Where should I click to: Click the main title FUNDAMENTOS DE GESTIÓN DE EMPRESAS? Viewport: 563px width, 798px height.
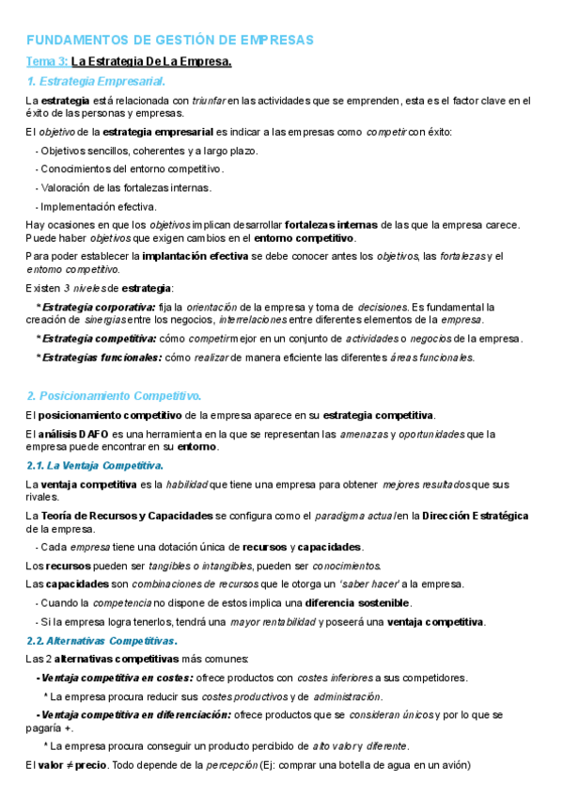pos(169,40)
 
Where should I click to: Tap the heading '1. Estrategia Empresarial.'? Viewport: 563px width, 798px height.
pos(96,82)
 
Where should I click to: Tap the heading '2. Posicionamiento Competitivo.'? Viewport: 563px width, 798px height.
pos(114,396)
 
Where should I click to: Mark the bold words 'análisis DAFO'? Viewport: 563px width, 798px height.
pos(72,434)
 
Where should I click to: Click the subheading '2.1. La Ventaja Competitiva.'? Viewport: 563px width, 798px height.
pos(95,465)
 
